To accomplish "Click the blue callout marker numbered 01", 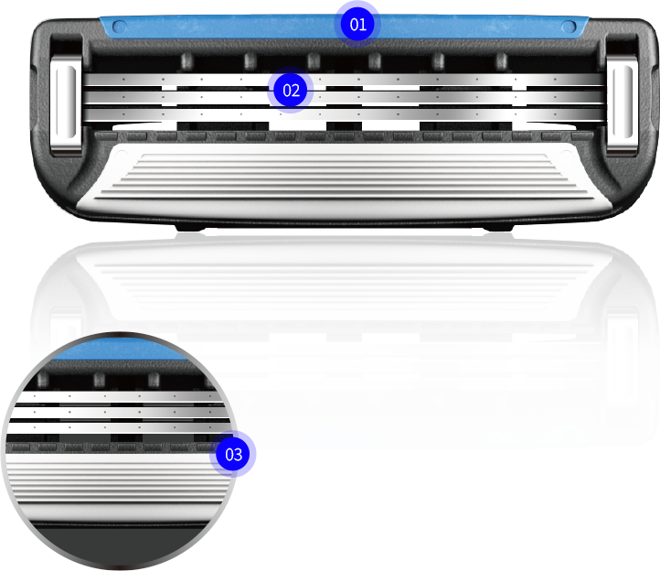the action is point(357,24).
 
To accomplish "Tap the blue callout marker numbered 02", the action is point(291,91).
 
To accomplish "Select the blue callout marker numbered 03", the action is point(233,454).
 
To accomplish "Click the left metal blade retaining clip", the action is point(66,102).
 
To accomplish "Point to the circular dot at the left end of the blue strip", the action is point(120,27).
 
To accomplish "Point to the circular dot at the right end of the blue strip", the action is point(569,27).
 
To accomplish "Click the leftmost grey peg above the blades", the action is point(187,61).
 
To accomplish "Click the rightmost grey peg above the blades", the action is point(501,61).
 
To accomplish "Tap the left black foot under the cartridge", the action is point(190,228).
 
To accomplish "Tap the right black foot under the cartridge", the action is point(498,228).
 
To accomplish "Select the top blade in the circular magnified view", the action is point(120,396).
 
